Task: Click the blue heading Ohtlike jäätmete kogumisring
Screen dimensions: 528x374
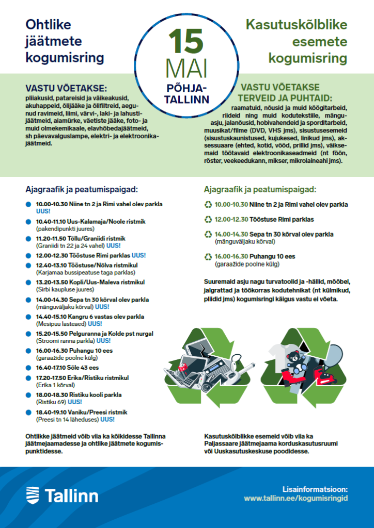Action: pyautogui.click(x=65, y=41)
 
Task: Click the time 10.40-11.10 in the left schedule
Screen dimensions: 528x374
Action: pyautogui.click(x=50, y=221)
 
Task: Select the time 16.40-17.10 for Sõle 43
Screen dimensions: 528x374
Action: pyautogui.click(x=50, y=368)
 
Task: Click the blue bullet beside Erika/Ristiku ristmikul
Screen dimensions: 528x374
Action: pyautogui.click(x=28, y=378)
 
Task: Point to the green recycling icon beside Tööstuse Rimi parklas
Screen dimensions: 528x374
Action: pyautogui.click(x=208, y=219)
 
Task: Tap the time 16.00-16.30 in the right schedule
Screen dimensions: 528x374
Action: pyautogui.click(x=232, y=256)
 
